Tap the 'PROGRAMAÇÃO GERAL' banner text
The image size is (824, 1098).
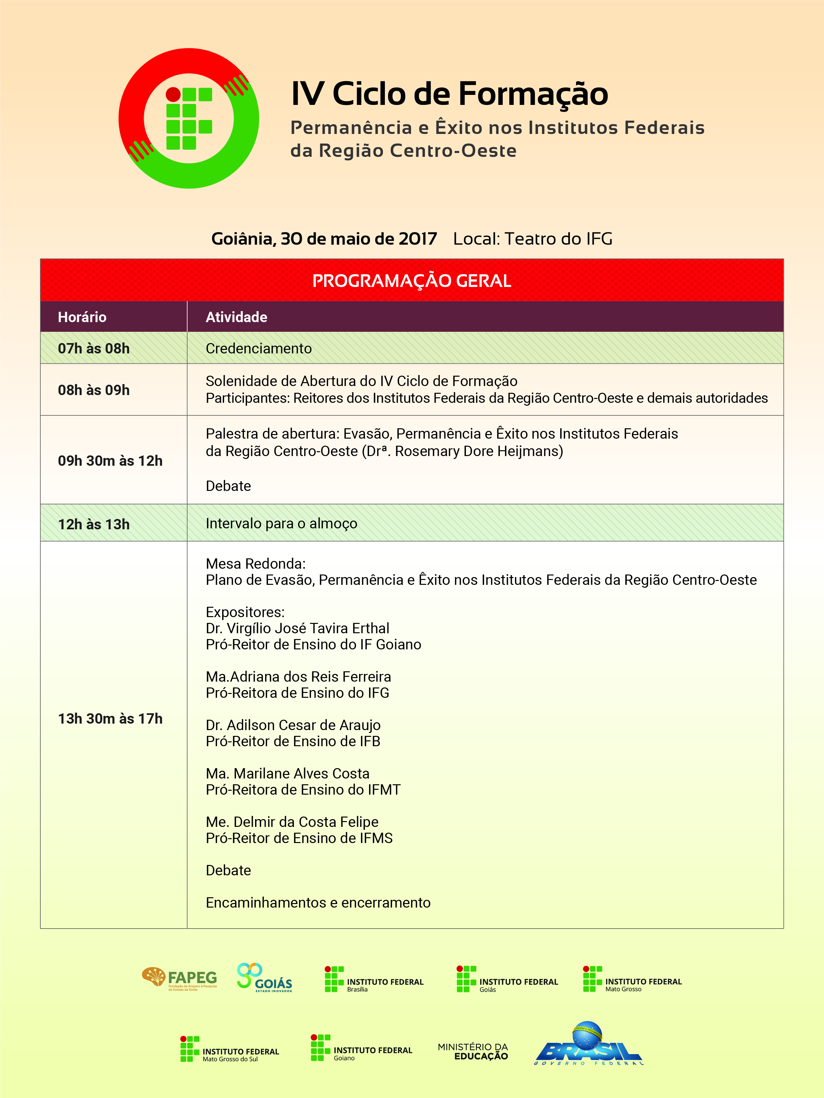click(411, 281)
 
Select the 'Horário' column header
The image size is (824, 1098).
click(82, 317)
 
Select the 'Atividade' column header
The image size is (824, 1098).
click(236, 317)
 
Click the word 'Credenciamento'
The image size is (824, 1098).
click(258, 349)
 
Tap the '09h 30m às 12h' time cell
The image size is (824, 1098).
click(110, 461)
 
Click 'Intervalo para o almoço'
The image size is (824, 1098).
click(281, 524)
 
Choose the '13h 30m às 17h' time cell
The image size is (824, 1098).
click(110, 719)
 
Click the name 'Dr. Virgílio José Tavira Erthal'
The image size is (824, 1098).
click(297, 628)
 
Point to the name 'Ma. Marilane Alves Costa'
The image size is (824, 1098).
click(288, 773)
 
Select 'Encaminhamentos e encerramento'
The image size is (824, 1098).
click(318, 902)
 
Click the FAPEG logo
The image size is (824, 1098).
click(179, 978)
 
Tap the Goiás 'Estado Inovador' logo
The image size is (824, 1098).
click(264, 978)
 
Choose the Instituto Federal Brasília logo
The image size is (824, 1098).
click(374, 979)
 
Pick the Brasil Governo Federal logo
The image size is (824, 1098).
click(589, 1044)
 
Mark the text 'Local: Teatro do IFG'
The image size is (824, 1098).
click(532, 239)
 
